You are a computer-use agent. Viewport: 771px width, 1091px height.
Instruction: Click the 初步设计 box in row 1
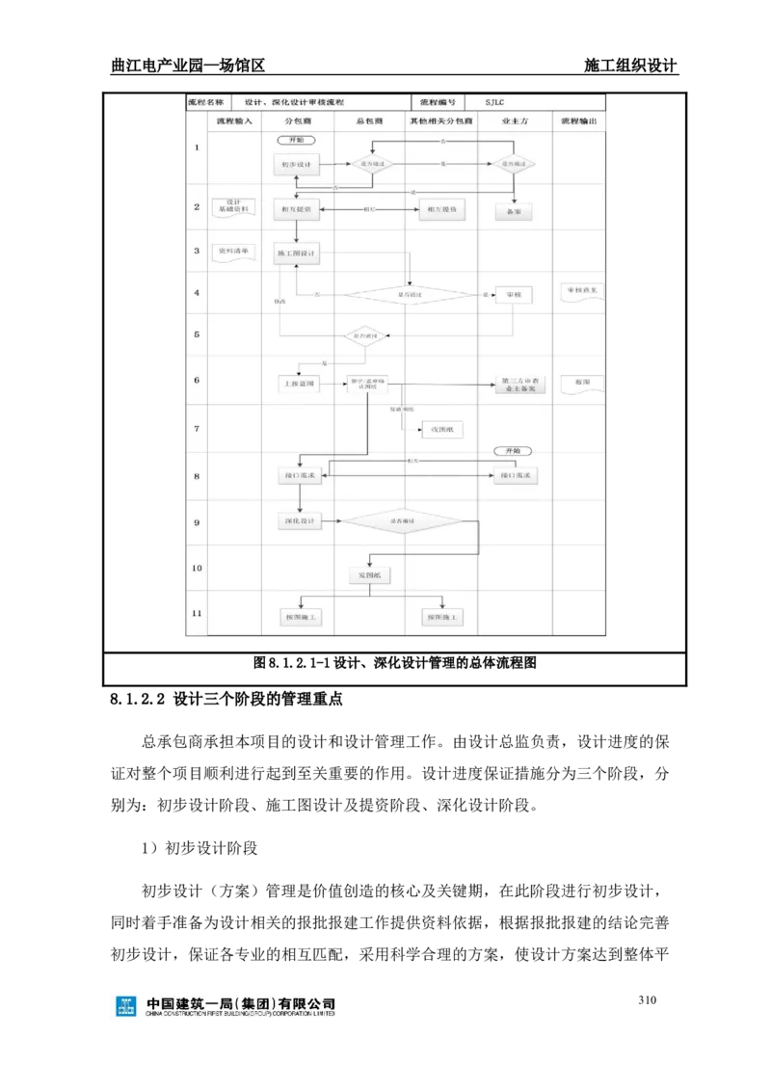click(296, 165)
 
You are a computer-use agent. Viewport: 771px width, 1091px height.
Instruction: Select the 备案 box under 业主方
click(514, 212)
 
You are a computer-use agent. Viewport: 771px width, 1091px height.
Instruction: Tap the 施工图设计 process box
click(296, 253)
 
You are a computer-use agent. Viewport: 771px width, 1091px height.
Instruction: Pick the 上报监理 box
click(298, 384)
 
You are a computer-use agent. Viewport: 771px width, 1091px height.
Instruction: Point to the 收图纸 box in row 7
click(441, 430)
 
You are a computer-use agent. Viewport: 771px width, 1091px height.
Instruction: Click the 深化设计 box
click(299, 520)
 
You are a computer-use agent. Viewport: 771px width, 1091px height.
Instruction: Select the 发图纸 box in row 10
click(369, 575)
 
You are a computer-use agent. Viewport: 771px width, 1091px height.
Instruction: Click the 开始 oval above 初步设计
click(296, 140)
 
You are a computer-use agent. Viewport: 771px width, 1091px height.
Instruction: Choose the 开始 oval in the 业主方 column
click(513, 451)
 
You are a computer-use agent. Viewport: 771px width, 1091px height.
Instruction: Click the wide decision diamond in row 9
click(403, 520)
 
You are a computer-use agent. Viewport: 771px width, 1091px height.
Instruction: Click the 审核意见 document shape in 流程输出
click(582, 291)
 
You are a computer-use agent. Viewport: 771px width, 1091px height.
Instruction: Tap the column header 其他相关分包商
click(440, 121)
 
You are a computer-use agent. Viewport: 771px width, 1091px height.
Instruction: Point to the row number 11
click(197, 614)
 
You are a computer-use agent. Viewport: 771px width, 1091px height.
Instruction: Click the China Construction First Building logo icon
click(126, 1006)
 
